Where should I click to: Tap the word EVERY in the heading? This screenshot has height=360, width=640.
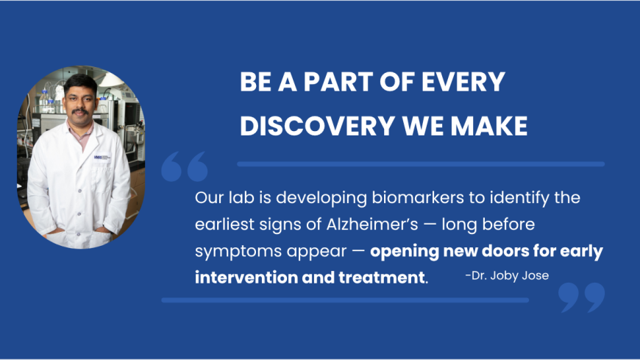[463, 82]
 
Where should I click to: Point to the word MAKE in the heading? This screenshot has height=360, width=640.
[489, 125]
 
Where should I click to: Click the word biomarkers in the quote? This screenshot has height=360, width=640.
[418, 198]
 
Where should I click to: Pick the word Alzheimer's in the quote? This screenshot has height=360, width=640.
[372, 225]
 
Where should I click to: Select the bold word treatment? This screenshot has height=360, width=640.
[382, 278]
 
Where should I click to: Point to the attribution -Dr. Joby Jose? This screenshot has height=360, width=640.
[507, 276]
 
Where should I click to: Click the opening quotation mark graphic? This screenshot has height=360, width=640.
[185, 166]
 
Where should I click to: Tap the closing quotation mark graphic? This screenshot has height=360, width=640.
[581, 297]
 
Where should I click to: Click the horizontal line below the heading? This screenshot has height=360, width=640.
[421, 164]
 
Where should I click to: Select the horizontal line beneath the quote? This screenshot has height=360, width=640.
[345, 300]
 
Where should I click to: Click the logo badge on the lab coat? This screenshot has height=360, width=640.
[102, 157]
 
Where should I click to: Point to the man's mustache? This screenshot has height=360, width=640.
[80, 110]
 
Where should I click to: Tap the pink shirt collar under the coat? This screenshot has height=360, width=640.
[81, 135]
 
